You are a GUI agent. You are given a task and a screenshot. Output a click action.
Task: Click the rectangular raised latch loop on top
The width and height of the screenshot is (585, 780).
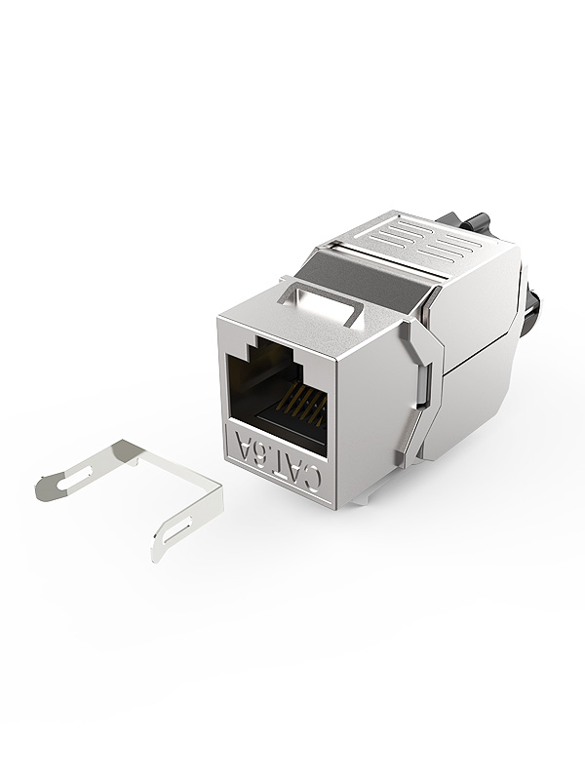tap(319, 303)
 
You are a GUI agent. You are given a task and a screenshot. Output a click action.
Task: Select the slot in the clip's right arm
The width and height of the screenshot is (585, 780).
tap(178, 528)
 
